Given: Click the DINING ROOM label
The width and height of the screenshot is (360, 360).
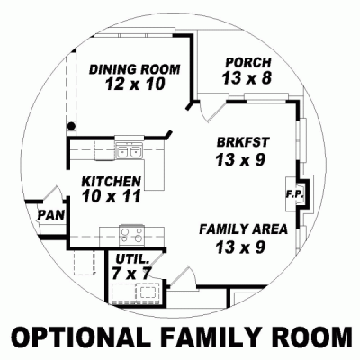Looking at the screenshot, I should (136, 69).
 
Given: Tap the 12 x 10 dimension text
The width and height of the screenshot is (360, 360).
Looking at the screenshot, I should (136, 85).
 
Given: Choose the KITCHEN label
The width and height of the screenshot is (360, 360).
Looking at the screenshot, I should (110, 180).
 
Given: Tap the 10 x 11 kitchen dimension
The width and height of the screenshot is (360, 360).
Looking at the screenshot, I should (110, 196).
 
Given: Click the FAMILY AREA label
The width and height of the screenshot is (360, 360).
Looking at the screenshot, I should (243, 229).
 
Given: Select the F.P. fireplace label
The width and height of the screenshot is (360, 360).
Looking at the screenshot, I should (292, 193).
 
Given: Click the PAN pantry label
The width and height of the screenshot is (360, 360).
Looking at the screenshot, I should (49, 215).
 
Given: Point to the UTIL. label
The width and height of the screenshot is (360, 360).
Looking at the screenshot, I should (131, 259).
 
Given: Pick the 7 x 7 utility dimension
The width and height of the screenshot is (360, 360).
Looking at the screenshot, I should (132, 273).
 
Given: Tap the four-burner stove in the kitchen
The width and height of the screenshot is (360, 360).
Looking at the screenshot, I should (132, 236).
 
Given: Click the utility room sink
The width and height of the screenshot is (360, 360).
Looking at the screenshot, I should (144, 291).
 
